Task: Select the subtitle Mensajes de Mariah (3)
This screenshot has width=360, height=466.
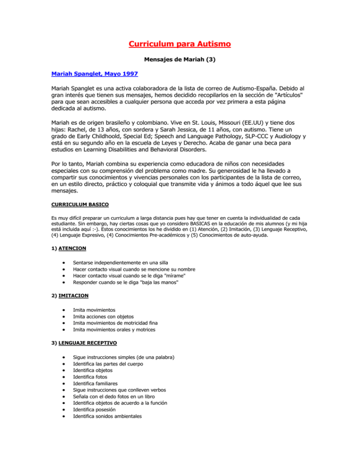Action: coord(180,60)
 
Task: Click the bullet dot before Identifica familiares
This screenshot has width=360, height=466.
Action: coord(64,383)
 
